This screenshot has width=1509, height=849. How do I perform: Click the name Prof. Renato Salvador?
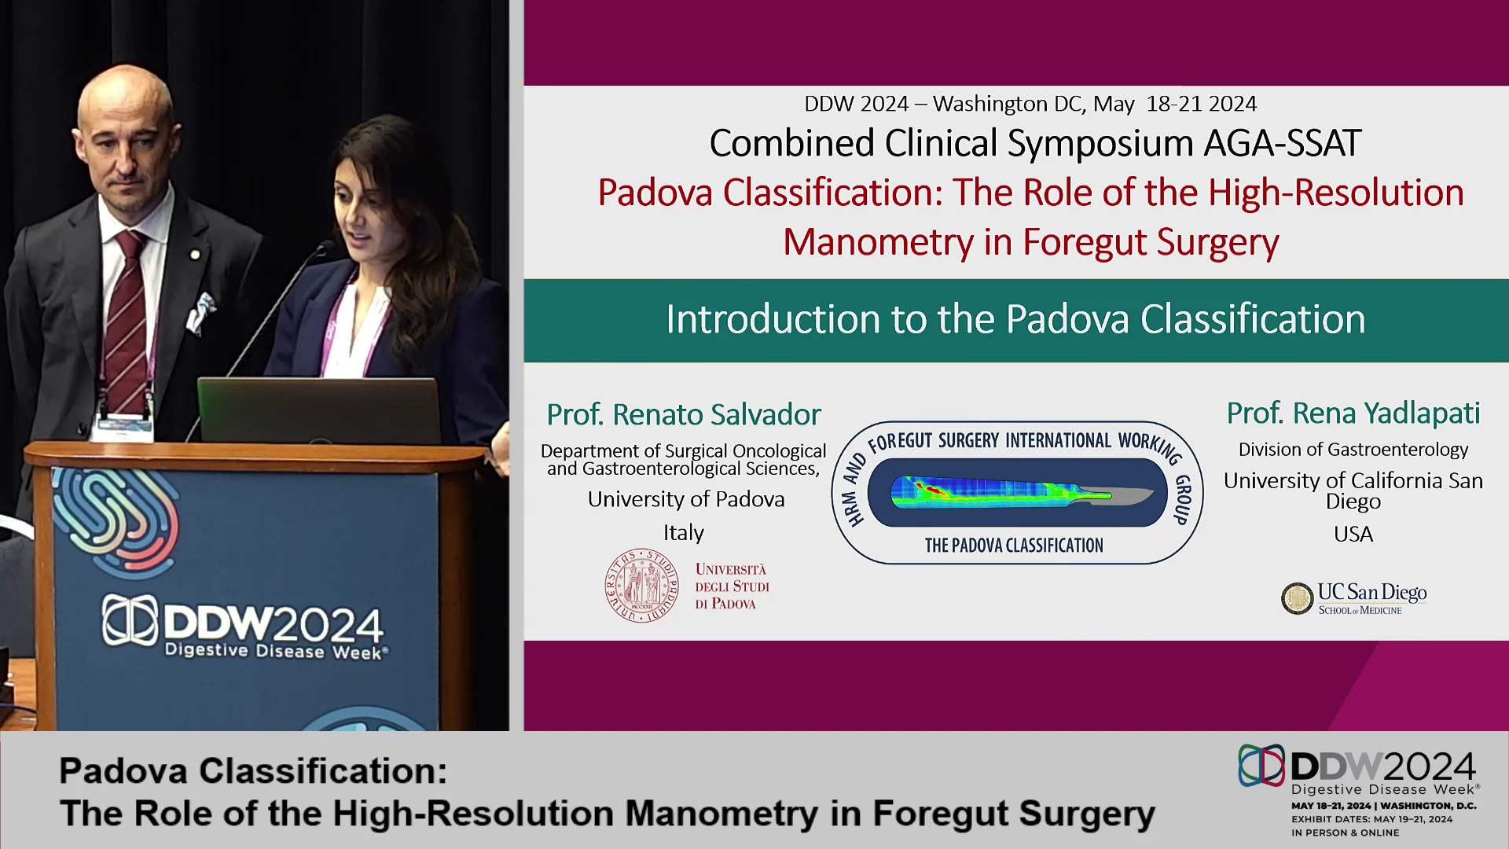point(684,414)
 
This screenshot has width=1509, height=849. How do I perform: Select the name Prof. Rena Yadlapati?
point(1353,413)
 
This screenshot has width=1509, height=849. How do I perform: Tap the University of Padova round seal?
point(641,586)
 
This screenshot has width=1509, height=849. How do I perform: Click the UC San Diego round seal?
point(1297,598)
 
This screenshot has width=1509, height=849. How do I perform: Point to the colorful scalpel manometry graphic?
point(1022,492)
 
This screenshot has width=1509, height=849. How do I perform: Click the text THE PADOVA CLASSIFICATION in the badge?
point(1014,545)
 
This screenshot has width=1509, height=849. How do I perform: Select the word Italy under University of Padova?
point(684,532)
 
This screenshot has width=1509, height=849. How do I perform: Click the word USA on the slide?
point(1353,534)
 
